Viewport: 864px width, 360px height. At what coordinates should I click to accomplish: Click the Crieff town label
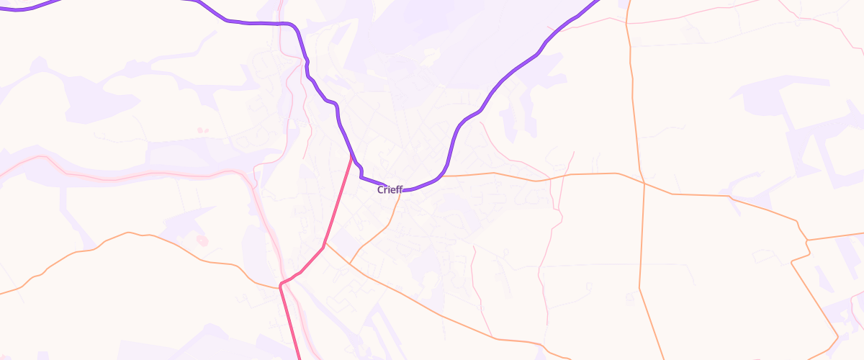390,190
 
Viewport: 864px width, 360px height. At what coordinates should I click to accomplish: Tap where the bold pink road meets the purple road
351,155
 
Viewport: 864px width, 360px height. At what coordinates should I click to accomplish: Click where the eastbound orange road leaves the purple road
443,176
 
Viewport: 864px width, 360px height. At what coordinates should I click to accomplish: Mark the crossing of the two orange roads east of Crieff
643,183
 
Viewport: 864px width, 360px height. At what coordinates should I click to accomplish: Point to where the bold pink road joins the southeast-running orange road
325,243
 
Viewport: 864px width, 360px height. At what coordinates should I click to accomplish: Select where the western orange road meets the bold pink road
279,286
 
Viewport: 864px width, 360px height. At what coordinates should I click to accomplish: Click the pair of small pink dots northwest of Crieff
200,130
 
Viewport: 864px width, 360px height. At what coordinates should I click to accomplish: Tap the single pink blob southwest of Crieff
202,240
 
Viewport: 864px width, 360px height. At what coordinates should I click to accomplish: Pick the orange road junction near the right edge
807,240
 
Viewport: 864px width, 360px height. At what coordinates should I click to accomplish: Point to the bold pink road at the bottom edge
299,358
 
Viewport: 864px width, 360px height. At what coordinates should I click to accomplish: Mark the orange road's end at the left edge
2,294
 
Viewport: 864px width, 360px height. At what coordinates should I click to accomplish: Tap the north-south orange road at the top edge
629,2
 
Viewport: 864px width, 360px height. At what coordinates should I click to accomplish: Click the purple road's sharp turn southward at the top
294,26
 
